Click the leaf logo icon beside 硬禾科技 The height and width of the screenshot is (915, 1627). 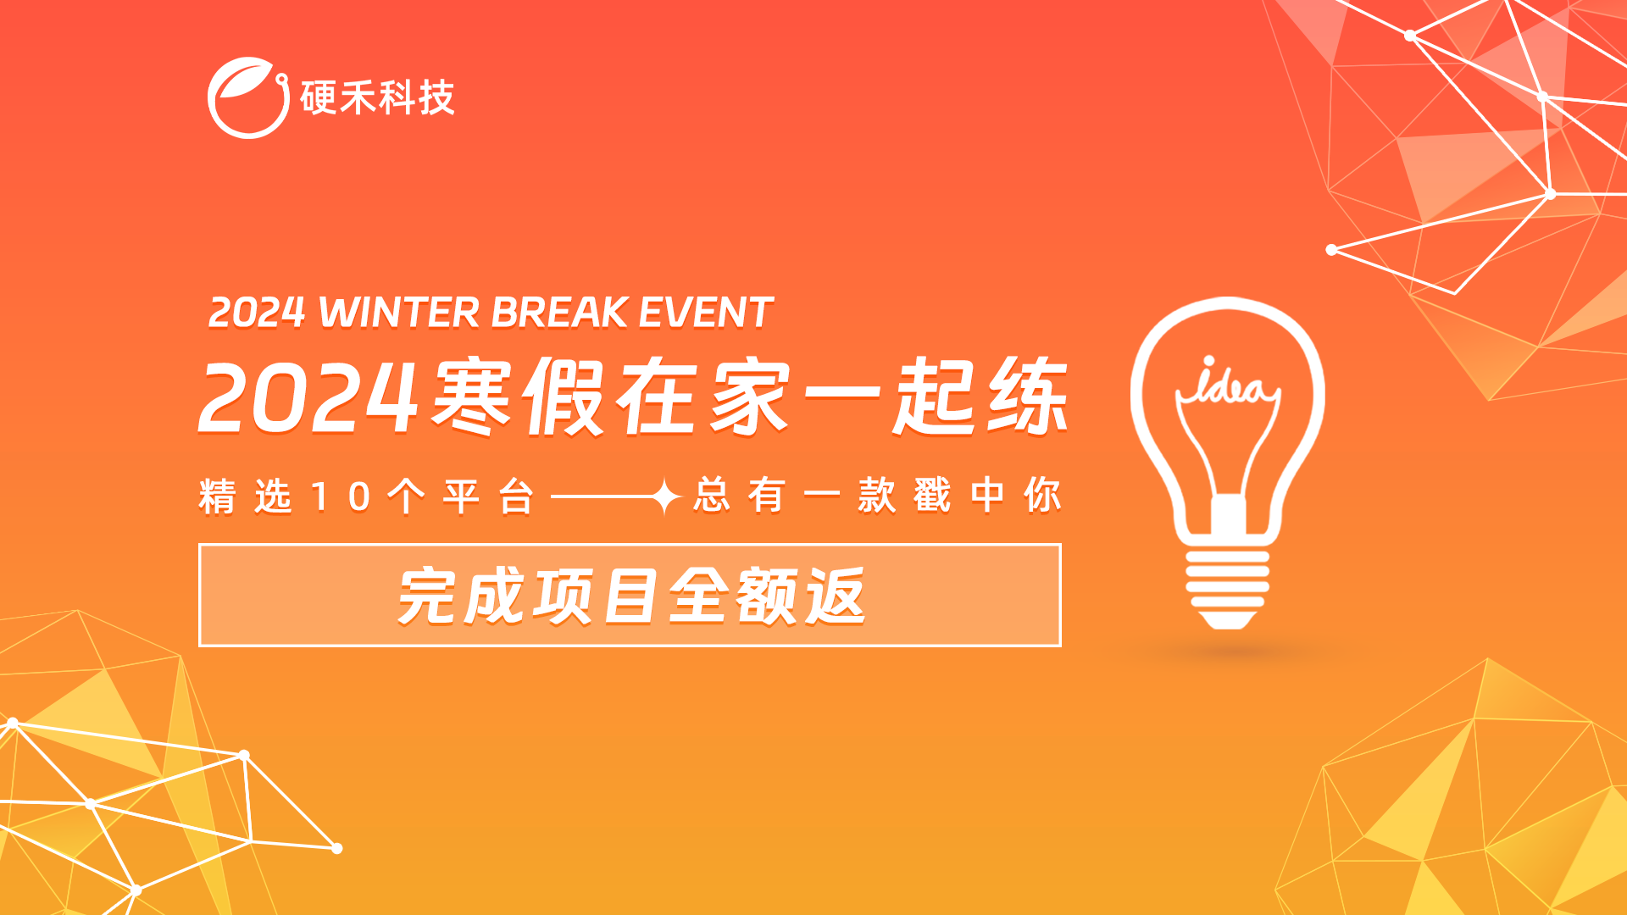pos(248,97)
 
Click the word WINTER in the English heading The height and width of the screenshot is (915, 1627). pos(399,312)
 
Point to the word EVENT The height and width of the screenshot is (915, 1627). pos(705,312)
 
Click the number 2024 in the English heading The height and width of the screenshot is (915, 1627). pos(257,313)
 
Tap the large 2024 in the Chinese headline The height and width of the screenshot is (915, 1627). pos(308,397)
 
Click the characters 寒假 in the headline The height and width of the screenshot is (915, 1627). pos(519,396)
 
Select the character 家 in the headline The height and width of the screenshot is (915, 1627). pos(749,396)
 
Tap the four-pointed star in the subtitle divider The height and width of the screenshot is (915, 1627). pos(665,496)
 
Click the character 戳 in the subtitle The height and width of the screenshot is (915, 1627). pos(932,496)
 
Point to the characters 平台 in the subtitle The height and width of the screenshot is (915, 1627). pos(489,496)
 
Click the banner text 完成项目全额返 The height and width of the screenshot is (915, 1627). pos(631,596)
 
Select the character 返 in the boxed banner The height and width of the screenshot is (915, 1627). pos(836,596)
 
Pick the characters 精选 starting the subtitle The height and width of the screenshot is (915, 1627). pos(246,496)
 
